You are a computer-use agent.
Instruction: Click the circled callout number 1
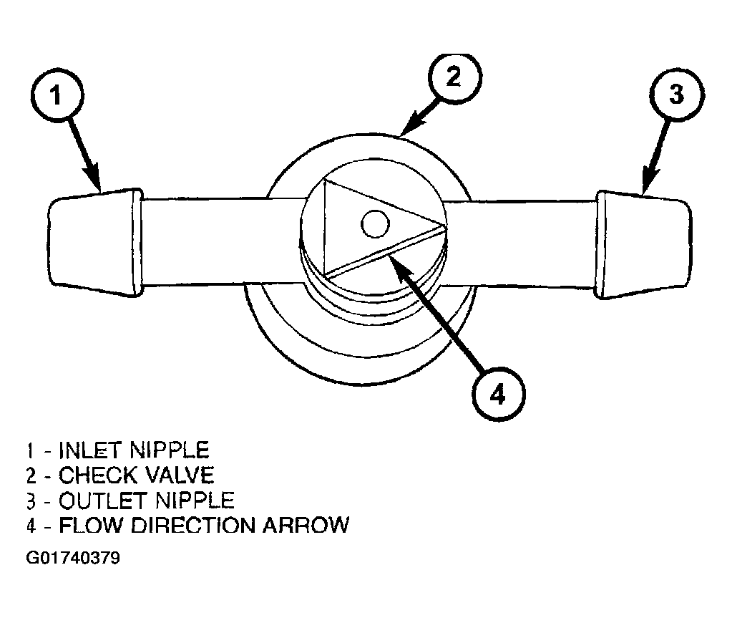pyautogui.click(x=57, y=95)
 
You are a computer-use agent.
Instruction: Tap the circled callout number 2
pyautogui.click(x=454, y=77)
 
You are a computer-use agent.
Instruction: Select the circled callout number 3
pyautogui.click(x=676, y=95)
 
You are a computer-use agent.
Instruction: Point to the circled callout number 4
pyautogui.click(x=498, y=395)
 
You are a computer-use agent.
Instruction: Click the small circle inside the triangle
pyautogui.click(x=375, y=223)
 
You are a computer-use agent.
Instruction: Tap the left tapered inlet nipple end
pyautogui.click(x=95, y=243)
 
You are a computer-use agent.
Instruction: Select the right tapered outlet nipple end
pyautogui.click(x=643, y=244)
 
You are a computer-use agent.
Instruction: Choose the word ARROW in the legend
pyautogui.click(x=306, y=525)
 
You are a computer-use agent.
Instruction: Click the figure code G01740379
pyautogui.click(x=73, y=558)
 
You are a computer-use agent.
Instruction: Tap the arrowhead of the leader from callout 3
pyautogui.click(x=648, y=182)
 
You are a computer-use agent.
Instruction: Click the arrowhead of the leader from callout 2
pyautogui.click(x=411, y=125)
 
